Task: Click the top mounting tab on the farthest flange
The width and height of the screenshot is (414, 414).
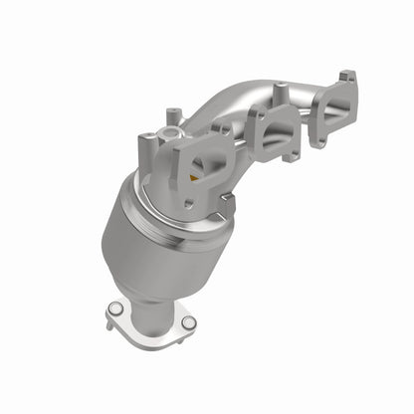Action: coord(345,76)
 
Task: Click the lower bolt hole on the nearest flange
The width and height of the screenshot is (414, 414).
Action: coord(189,203)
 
